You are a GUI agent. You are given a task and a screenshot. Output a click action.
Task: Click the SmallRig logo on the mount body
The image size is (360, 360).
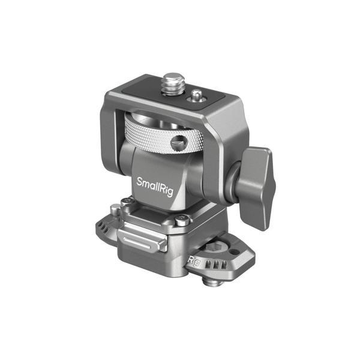(x=152, y=182)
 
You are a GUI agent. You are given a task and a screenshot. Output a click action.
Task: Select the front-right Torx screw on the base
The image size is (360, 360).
(x=180, y=222)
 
